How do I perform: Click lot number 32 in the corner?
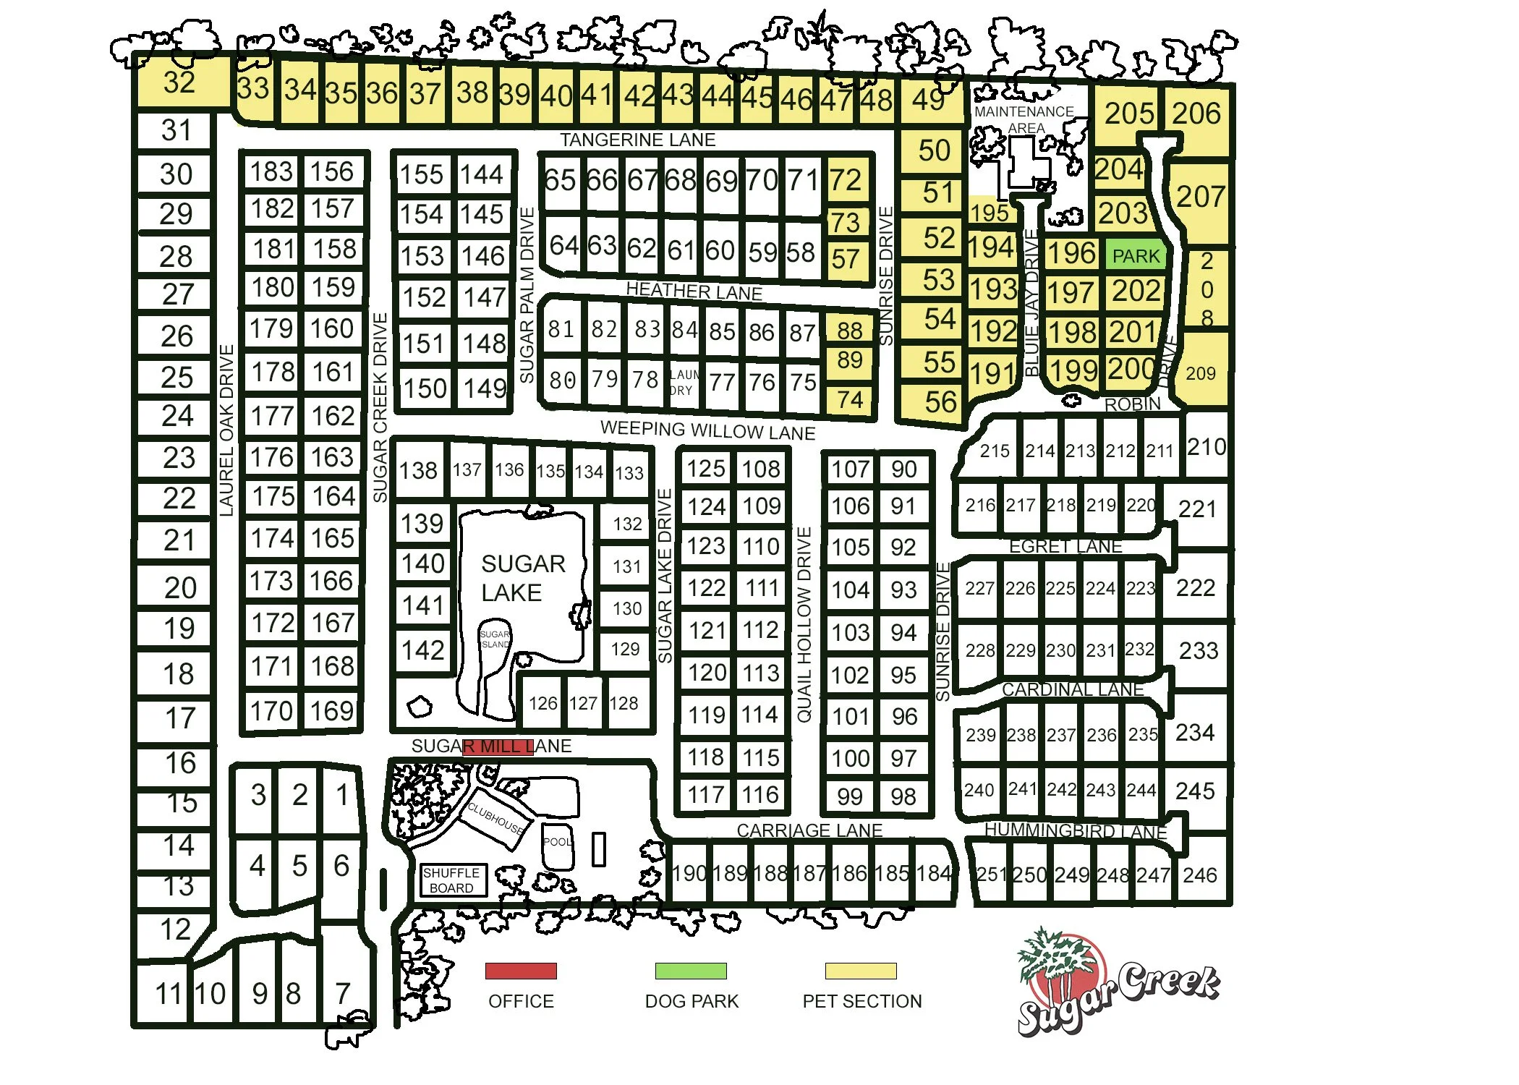point(179,82)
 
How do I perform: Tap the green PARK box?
point(1136,256)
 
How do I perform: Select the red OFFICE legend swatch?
point(521,971)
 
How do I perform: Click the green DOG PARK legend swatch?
point(691,971)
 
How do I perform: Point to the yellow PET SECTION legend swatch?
point(861,971)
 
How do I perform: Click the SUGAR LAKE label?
point(522,578)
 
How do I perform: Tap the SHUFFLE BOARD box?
point(452,880)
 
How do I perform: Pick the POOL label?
point(557,842)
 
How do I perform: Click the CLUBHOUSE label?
point(495,817)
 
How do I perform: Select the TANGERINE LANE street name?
point(637,140)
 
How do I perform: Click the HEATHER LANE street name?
point(694,291)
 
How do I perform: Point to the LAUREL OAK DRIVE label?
point(227,430)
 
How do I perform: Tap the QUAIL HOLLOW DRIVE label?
point(804,624)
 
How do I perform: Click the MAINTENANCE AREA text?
point(1024,119)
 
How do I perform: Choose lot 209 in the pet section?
point(1200,373)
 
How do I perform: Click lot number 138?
point(418,471)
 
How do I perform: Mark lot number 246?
point(1200,875)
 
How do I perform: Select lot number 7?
point(343,993)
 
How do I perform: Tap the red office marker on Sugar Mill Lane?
point(498,746)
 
